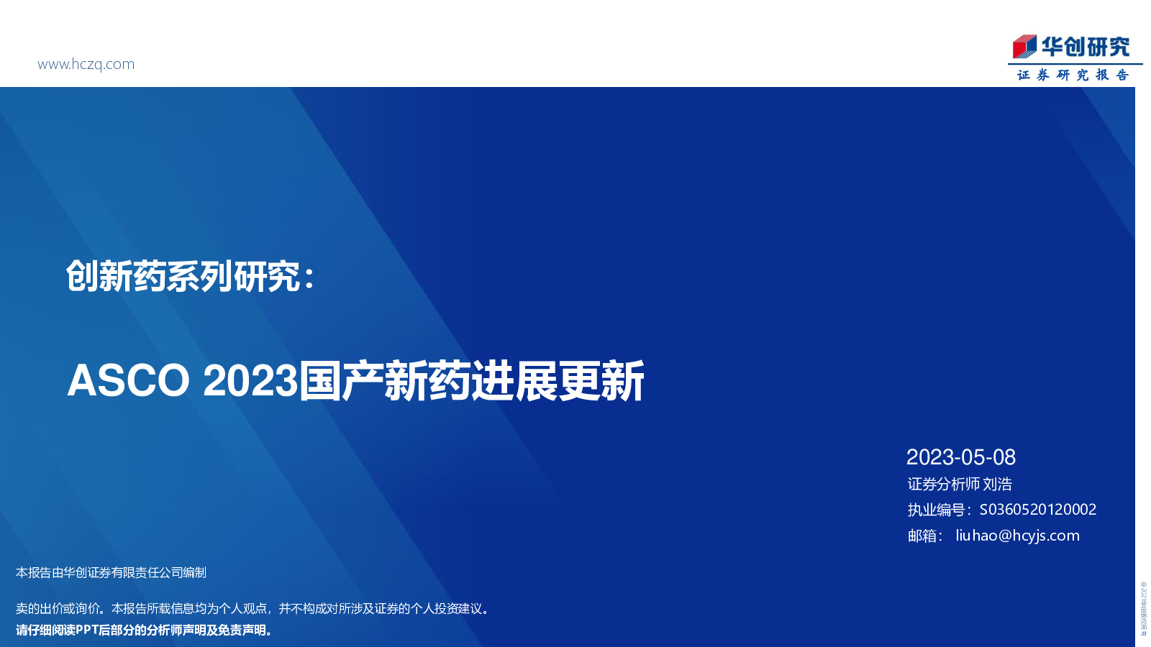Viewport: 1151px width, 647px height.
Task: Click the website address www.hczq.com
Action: point(86,64)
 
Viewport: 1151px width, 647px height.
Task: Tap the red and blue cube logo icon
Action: point(1024,47)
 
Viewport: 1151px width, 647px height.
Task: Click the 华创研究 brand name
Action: point(1086,47)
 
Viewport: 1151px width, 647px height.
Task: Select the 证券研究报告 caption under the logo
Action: point(1073,75)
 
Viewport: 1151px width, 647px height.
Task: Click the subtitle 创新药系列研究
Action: point(183,277)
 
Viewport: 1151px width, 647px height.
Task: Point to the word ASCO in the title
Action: point(128,380)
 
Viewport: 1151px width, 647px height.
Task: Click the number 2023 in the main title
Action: point(250,380)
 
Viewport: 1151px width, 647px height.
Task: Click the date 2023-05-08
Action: point(960,457)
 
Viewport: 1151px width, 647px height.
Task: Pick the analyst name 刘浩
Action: point(998,484)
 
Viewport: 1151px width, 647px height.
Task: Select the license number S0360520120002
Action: point(1037,510)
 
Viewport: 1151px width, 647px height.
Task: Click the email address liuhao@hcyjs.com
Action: point(1017,536)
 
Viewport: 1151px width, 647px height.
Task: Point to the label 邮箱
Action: point(922,536)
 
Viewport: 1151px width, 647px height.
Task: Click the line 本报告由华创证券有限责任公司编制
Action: point(111,572)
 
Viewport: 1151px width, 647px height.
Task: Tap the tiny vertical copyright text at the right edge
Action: point(1143,608)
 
